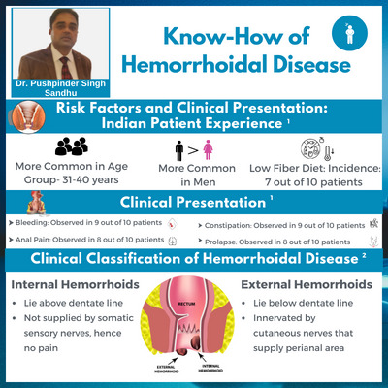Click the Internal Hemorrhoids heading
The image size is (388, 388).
click(x=64, y=286)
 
